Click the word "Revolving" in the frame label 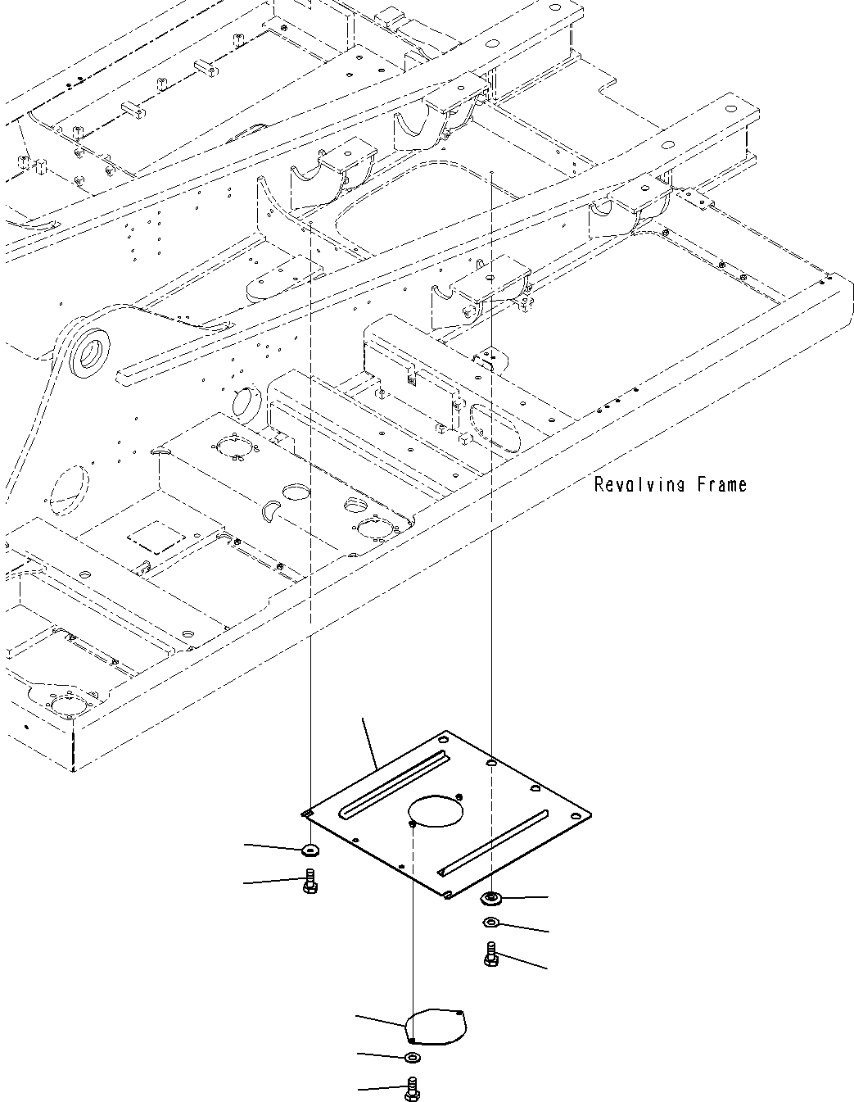[x=639, y=485]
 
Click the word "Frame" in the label [x=722, y=485]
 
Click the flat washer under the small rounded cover [x=413, y=1058]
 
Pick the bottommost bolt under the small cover [x=413, y=1088]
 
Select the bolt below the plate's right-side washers [x=491, y=955]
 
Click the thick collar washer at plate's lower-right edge [x=491, y=899]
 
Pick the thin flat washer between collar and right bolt [x=490, y=924]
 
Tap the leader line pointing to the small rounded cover [x=381, y=1021]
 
